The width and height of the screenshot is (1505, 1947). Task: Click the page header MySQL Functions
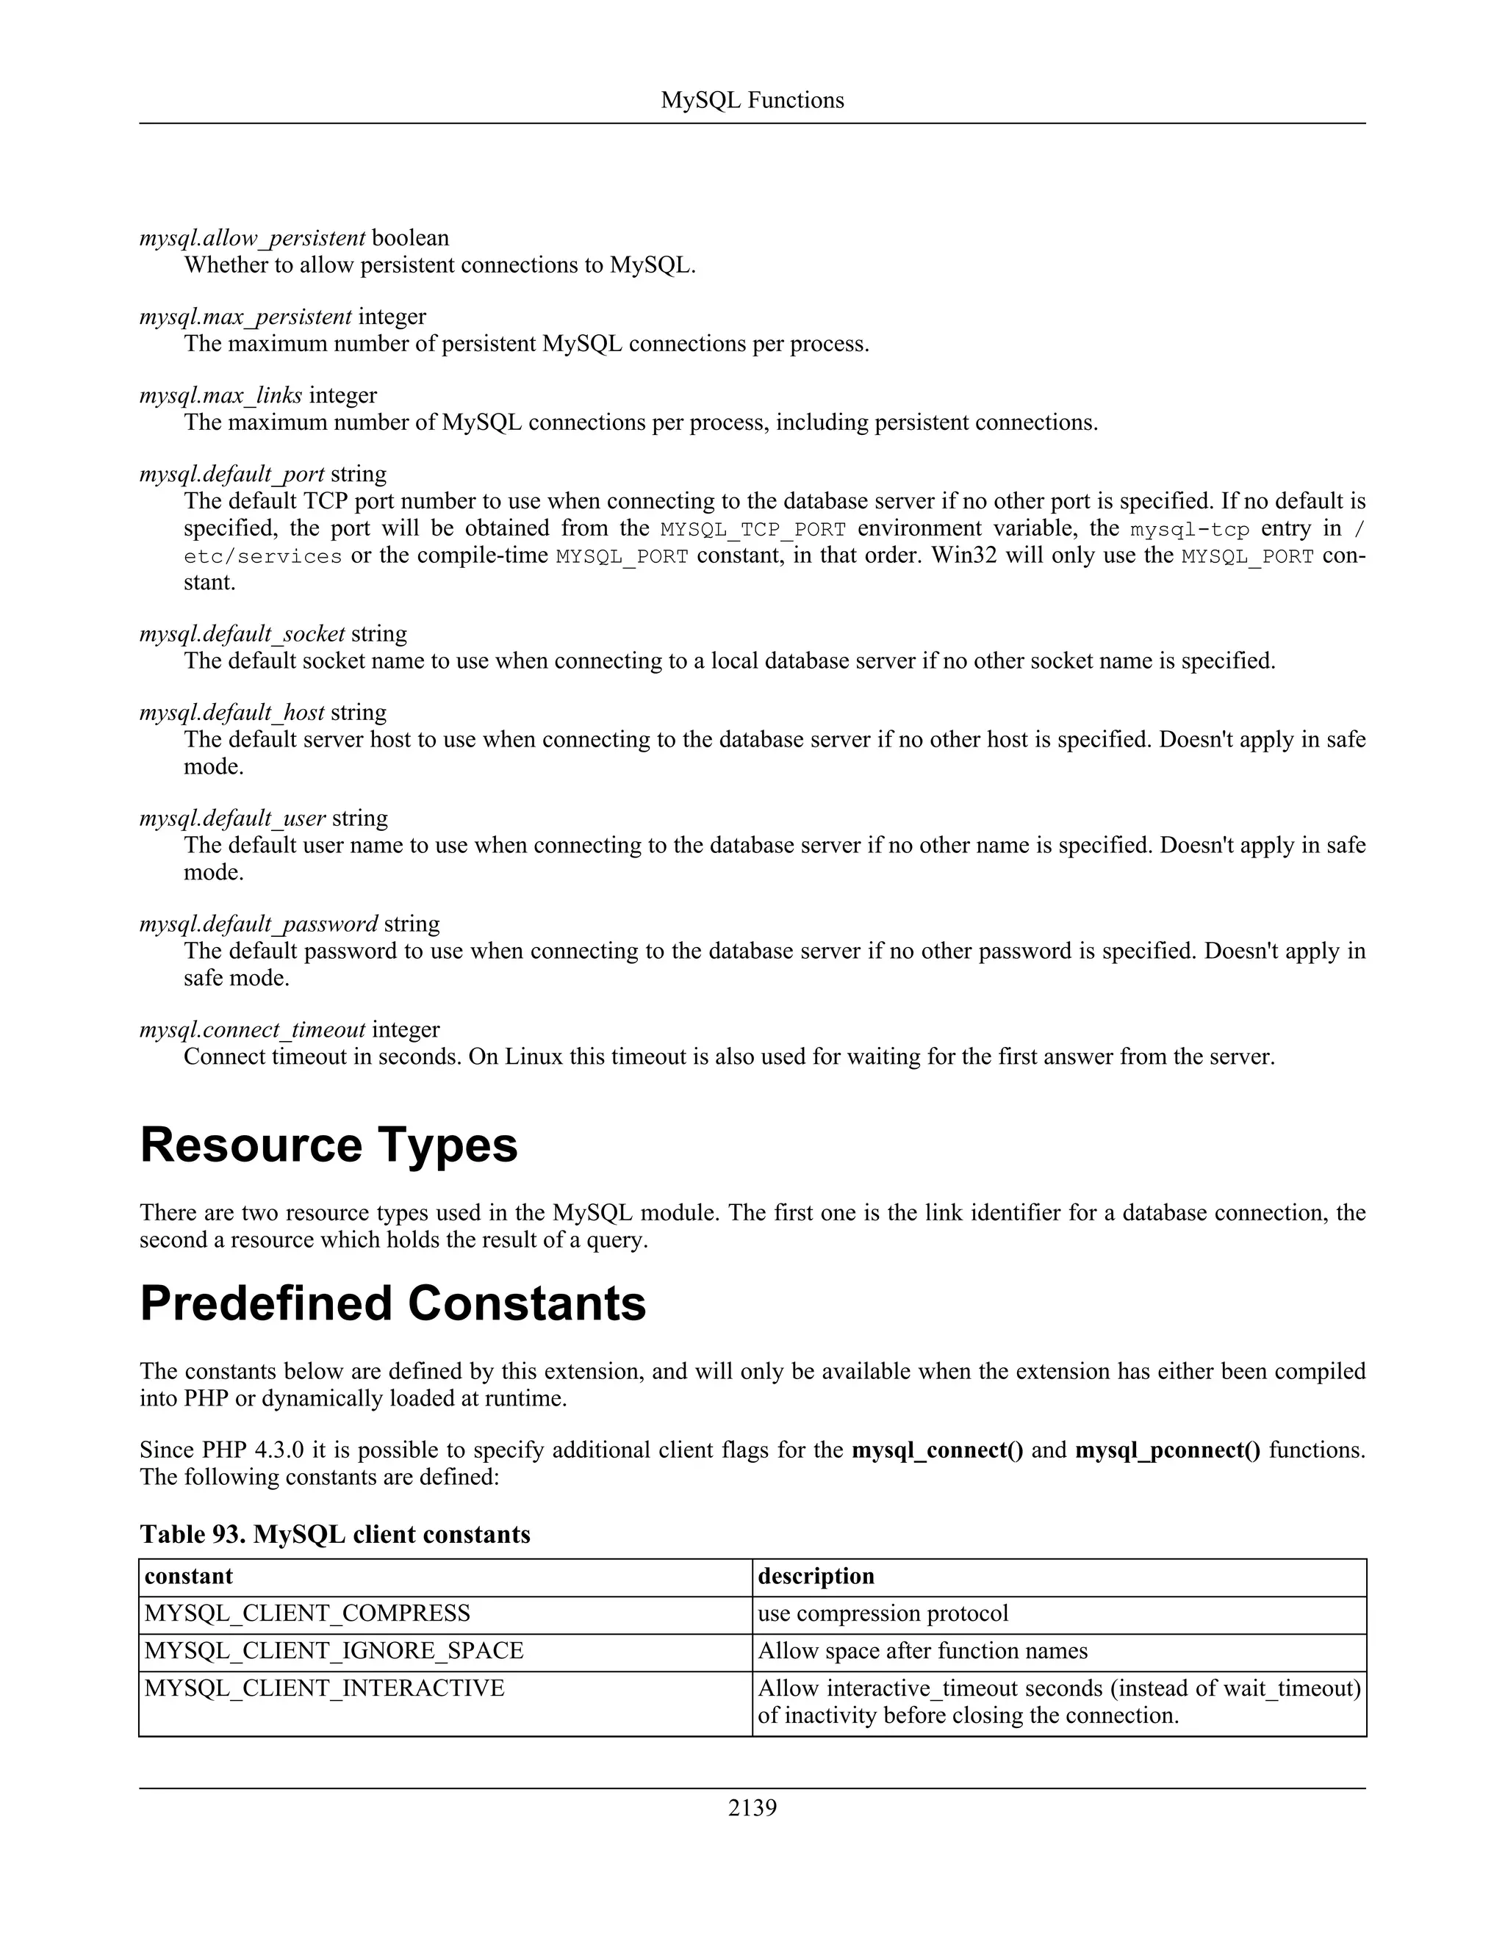752,100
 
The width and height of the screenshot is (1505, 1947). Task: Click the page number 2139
752,1807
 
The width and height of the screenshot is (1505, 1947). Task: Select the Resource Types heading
328,1145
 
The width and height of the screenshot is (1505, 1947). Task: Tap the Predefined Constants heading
392,1304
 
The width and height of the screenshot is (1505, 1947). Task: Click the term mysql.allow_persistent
252,238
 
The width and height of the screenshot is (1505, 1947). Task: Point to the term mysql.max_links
220,395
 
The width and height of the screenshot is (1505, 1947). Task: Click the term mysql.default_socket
242,634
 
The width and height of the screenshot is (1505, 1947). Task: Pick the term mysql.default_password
259,924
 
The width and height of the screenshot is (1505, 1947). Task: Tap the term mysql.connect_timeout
252,1029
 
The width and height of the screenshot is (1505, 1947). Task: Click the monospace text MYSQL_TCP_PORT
752,530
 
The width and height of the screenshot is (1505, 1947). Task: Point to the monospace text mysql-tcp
1190,530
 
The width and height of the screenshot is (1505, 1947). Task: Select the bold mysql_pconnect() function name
1167,1450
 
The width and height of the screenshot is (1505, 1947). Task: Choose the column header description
816,1576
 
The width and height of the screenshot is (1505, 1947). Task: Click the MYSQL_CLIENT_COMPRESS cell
308,1613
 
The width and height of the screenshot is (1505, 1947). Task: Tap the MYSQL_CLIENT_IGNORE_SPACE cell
334,1651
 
